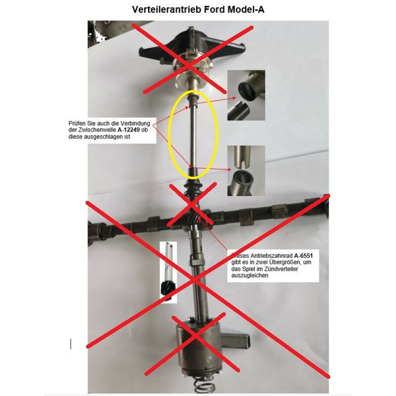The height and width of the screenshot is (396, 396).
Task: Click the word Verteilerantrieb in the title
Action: tap(167, 9)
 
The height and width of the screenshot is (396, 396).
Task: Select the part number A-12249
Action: tap(129, 130)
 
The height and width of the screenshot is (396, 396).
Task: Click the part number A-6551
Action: tap(303, 255)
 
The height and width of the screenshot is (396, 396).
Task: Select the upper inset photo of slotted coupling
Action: tap(246, 95)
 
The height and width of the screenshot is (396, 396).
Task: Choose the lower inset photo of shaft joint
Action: tap(246, 170)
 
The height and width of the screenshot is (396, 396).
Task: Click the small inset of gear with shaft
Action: tap(168, 272)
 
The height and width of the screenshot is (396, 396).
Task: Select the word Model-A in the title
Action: tap(246, 9)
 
